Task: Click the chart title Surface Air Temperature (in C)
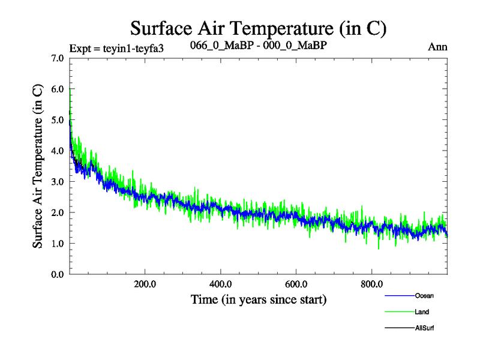[259, 28]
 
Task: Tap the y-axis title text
[37, 166]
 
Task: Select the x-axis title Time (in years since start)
[259, 299]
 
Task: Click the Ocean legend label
[424, 296]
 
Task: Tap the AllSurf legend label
[425, 328]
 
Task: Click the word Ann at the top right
[438, 47]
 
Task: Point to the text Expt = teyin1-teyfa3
[116, 48]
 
